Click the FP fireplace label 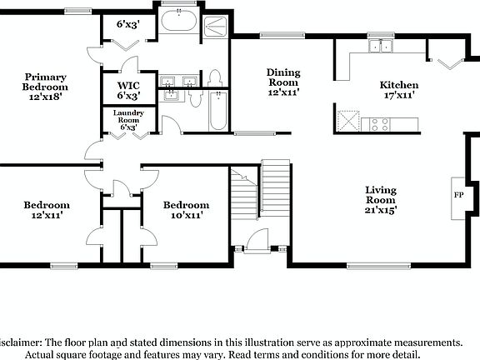pyautogui.click(x=458, y=195)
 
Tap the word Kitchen pyautogui.click(x=399, y=85)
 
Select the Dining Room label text pyautogui.click(x=283, y=77)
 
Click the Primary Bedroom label pyautogui.click(x=45, y=82)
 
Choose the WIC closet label pyautogui.click(x=127, y=85)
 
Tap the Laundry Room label pyautogui.click(x=127, y=117)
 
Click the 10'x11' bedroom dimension pyautogui.click(x=187, y=215)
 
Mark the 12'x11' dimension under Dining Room pyautogui.click(x=283, y=93)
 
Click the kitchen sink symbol pyautogui.click(x=383, y=46)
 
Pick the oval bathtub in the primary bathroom pyautogui.click(x=177, y=22)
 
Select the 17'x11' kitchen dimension pyautogui.click(x=399, y=96)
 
